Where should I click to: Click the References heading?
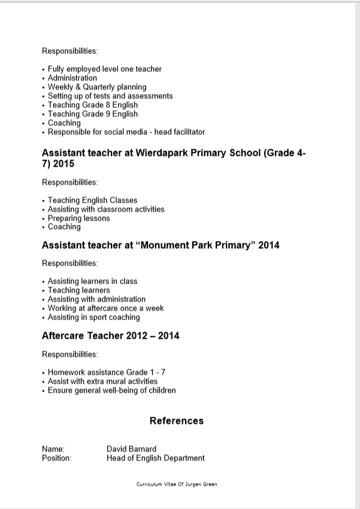click(x=176, y=421)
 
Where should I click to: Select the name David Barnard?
click(x=131, y=449)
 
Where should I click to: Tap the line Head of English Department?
click(x=155, y=458)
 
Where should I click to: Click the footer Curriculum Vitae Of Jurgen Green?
click(x=177, y=484)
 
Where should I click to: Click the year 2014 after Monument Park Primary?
click(x=268, y=245)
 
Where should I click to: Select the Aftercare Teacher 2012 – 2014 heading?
click(x=110, y=336)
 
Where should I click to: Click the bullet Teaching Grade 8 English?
click(x=92, y=105)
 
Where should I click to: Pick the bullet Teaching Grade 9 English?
click(x=92, y=114)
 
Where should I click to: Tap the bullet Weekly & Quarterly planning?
click(x=96, y=87)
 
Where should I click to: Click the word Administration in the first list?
click(x=72, y=78)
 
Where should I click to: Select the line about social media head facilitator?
click(x=126, y=132)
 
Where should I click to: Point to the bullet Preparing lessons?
click(x=78, y=218)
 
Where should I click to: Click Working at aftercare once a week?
click(x=105, y=308)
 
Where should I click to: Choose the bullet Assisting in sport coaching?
click(x=93, y=317)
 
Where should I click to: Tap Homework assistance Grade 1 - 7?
click(x=107, y=372)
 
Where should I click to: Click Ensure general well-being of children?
click(x=111, y=390)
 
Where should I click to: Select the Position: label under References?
click(x=56, y=458)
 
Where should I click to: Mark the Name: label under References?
click(x=53, y=449)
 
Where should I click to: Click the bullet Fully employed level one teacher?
click(x=104, y=69)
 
